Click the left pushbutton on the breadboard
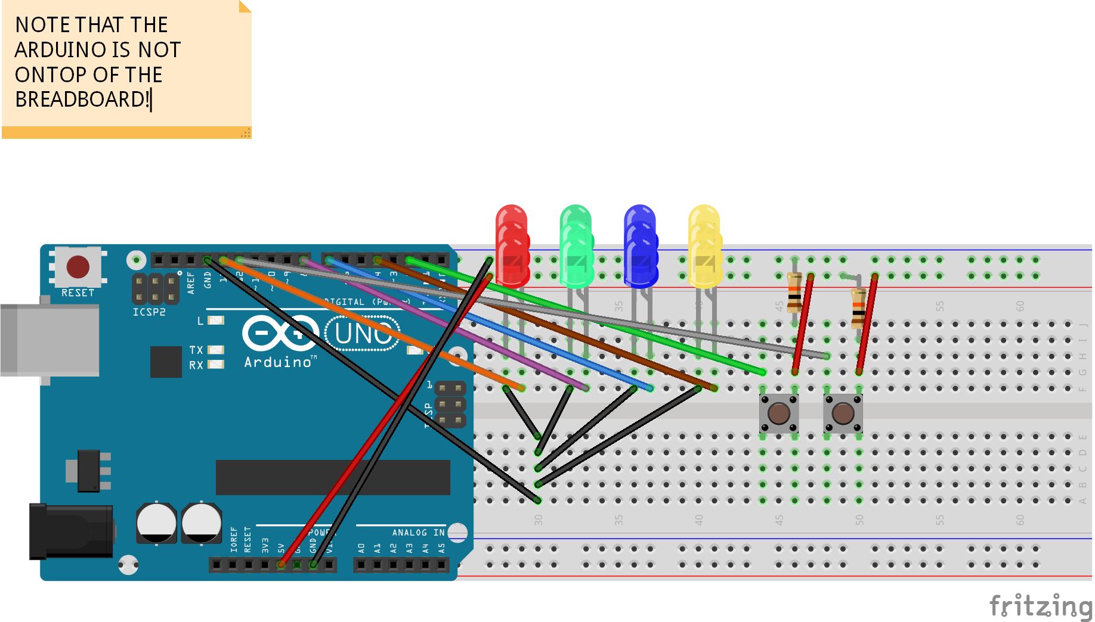click(x=779, y=413)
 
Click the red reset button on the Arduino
click(x=78, y=267)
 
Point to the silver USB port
click(x=51, y=340)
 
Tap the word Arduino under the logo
click(x=278, y=362)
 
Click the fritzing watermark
click(x=1041, y=606)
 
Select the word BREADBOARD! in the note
click(x=82, y=99)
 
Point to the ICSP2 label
click(x=149, y=312)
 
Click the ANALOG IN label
click(x=417, y=532)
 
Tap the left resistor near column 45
click(x=794, y=293)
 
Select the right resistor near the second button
click(x=858, y=308)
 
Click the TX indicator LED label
click(x=196, y=350)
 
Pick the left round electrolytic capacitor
click(x=156, y=523)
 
